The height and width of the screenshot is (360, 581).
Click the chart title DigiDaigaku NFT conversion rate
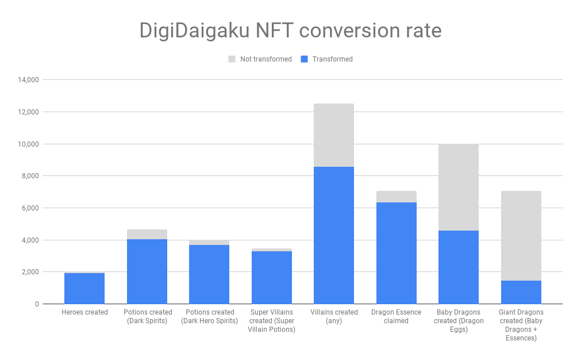pyautogui.click(x=290, y=30)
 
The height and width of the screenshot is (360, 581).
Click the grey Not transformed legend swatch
pyautogui.click(x=232, y=59)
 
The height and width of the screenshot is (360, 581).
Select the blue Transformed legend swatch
pyautogui.click(x=305, y=59)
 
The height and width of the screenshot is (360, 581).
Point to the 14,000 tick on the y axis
pyautogui.click(x=27, y=80)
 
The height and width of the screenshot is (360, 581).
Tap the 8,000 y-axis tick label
pyautogui.click(x=29, y=176)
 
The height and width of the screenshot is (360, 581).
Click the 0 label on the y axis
pyautogui.click(x=36, y=304)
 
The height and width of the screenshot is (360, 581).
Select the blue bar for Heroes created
pyautogui.click(x=84, y=289)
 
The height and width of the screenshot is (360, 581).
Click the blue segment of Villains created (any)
pyautogui.click(x=334, y=235)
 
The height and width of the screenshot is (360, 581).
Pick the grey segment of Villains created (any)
pyautogui.click(x=334, y=135)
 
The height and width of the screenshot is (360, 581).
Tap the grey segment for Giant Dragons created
pyautogui.click(x=521, y=236)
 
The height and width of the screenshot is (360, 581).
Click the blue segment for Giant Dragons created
pyautogui.click(x=521, y=292)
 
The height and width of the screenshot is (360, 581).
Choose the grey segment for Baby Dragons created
pyautogui.click(x=459, y=187)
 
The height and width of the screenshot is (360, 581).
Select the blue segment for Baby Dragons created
pyautogui.click(x=459, y=267)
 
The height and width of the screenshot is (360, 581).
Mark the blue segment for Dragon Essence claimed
pyautogui.click(x=397, y=253)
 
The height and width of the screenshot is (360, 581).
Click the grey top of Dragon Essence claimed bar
pyautogui.click(x=397, y=197)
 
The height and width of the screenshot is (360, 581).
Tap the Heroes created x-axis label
pyautogui.click(x=84, y=312)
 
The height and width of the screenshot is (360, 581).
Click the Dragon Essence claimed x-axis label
pyautogui.click(x=397, y=316)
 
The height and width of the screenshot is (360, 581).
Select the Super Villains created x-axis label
pyautogui.click(x=271, y=320)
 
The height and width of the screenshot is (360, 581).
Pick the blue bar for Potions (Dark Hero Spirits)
pyautogui.click(x=209, y=274)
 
